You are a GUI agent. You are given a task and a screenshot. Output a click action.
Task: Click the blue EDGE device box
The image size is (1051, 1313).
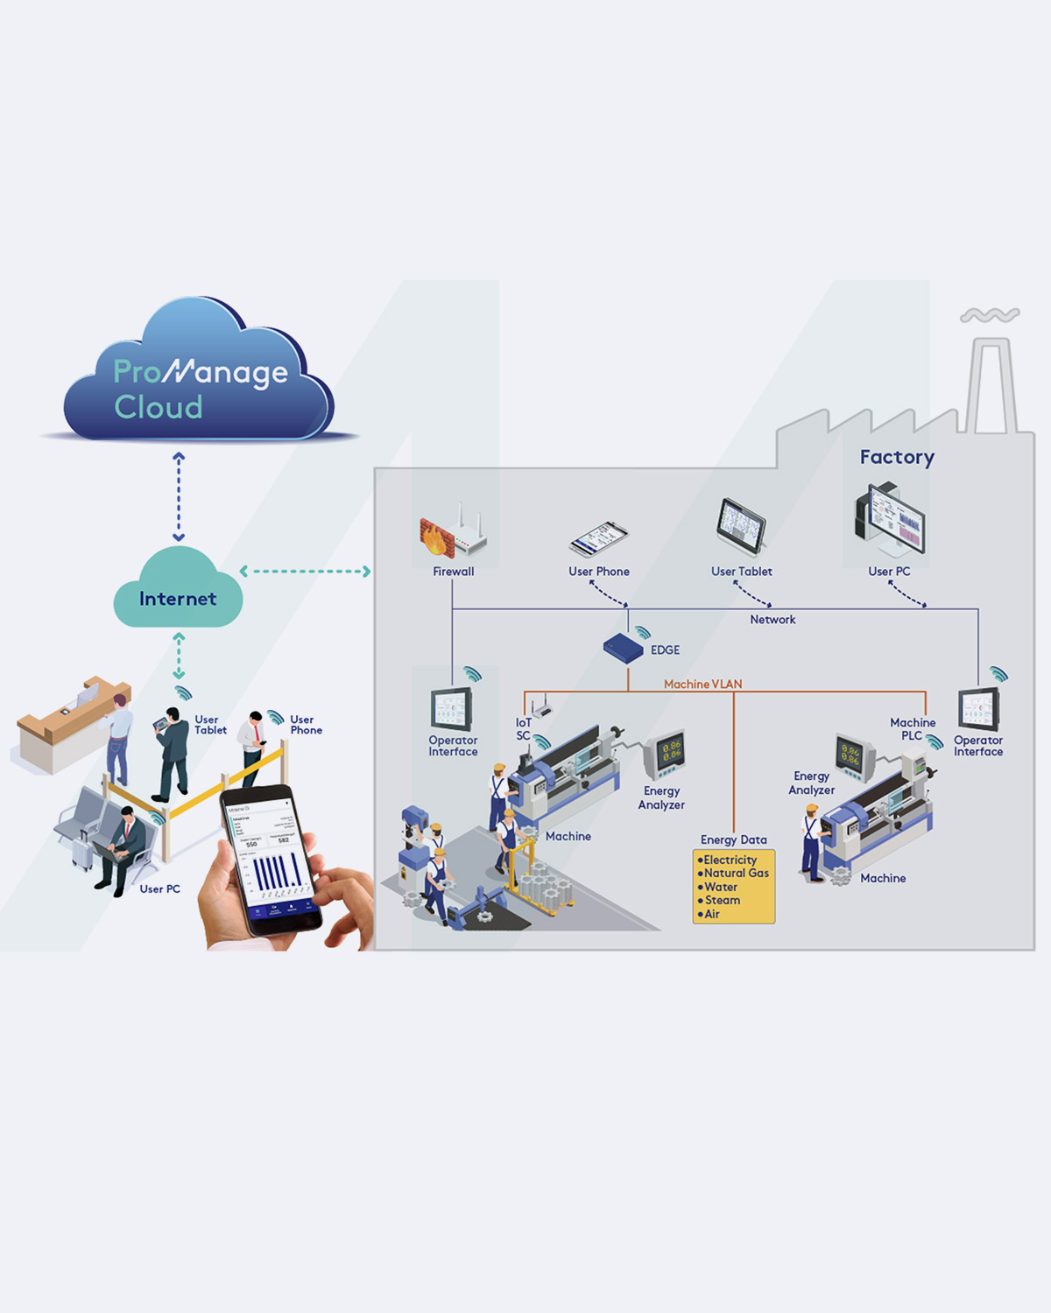point(623,648)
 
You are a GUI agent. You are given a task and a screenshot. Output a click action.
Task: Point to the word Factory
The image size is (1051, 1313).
point(897,457)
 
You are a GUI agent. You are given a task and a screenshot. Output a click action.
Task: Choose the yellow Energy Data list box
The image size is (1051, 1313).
point(734,886)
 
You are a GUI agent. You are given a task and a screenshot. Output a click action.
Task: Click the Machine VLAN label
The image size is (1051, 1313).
point(702,684)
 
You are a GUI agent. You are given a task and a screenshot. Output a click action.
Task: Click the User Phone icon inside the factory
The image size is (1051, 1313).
point(599,538)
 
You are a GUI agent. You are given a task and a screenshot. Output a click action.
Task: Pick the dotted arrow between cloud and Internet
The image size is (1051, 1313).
point(179,496)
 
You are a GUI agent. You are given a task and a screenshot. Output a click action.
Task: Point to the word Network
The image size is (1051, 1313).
point(772,620)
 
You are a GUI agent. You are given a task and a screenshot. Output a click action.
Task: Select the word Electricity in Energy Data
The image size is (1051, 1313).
point(730,860)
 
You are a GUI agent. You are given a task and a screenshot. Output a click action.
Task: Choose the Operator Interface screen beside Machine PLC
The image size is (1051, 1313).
point(978,709)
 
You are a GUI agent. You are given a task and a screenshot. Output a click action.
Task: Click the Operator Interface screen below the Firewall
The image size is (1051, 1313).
point(452,709)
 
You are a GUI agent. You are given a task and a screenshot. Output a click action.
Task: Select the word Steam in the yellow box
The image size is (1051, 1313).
point(723,900)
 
